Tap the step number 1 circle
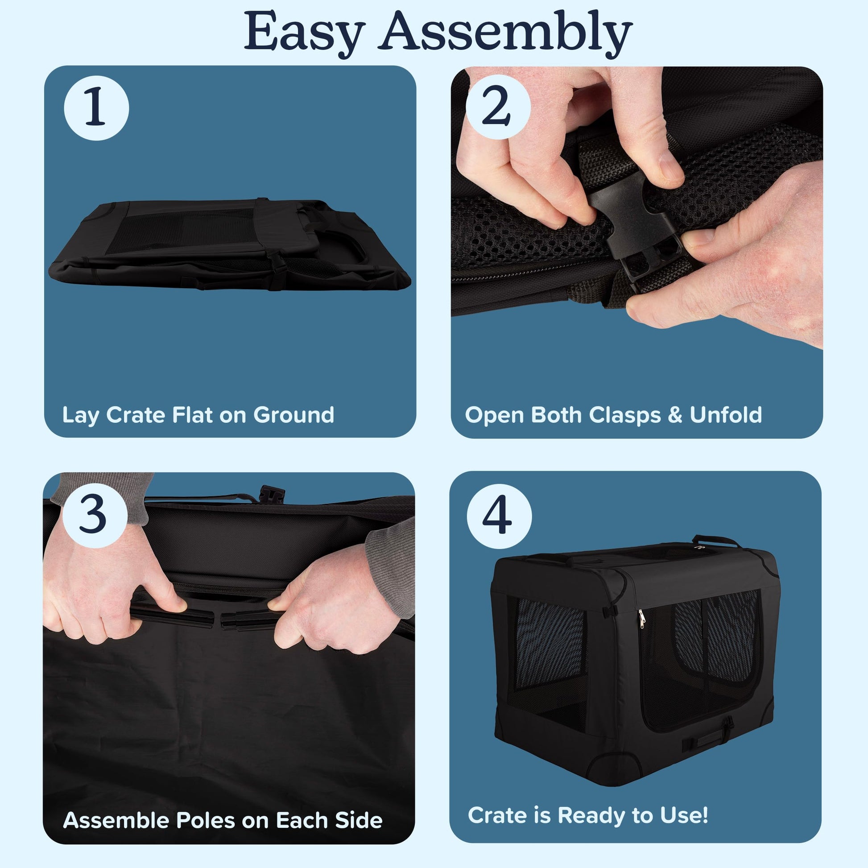(x=96, y=108)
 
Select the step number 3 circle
(x=95, y=515)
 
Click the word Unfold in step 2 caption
(x=726, y=415)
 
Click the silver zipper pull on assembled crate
(x=641, y=619)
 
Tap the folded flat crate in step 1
(x=230, y=244)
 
